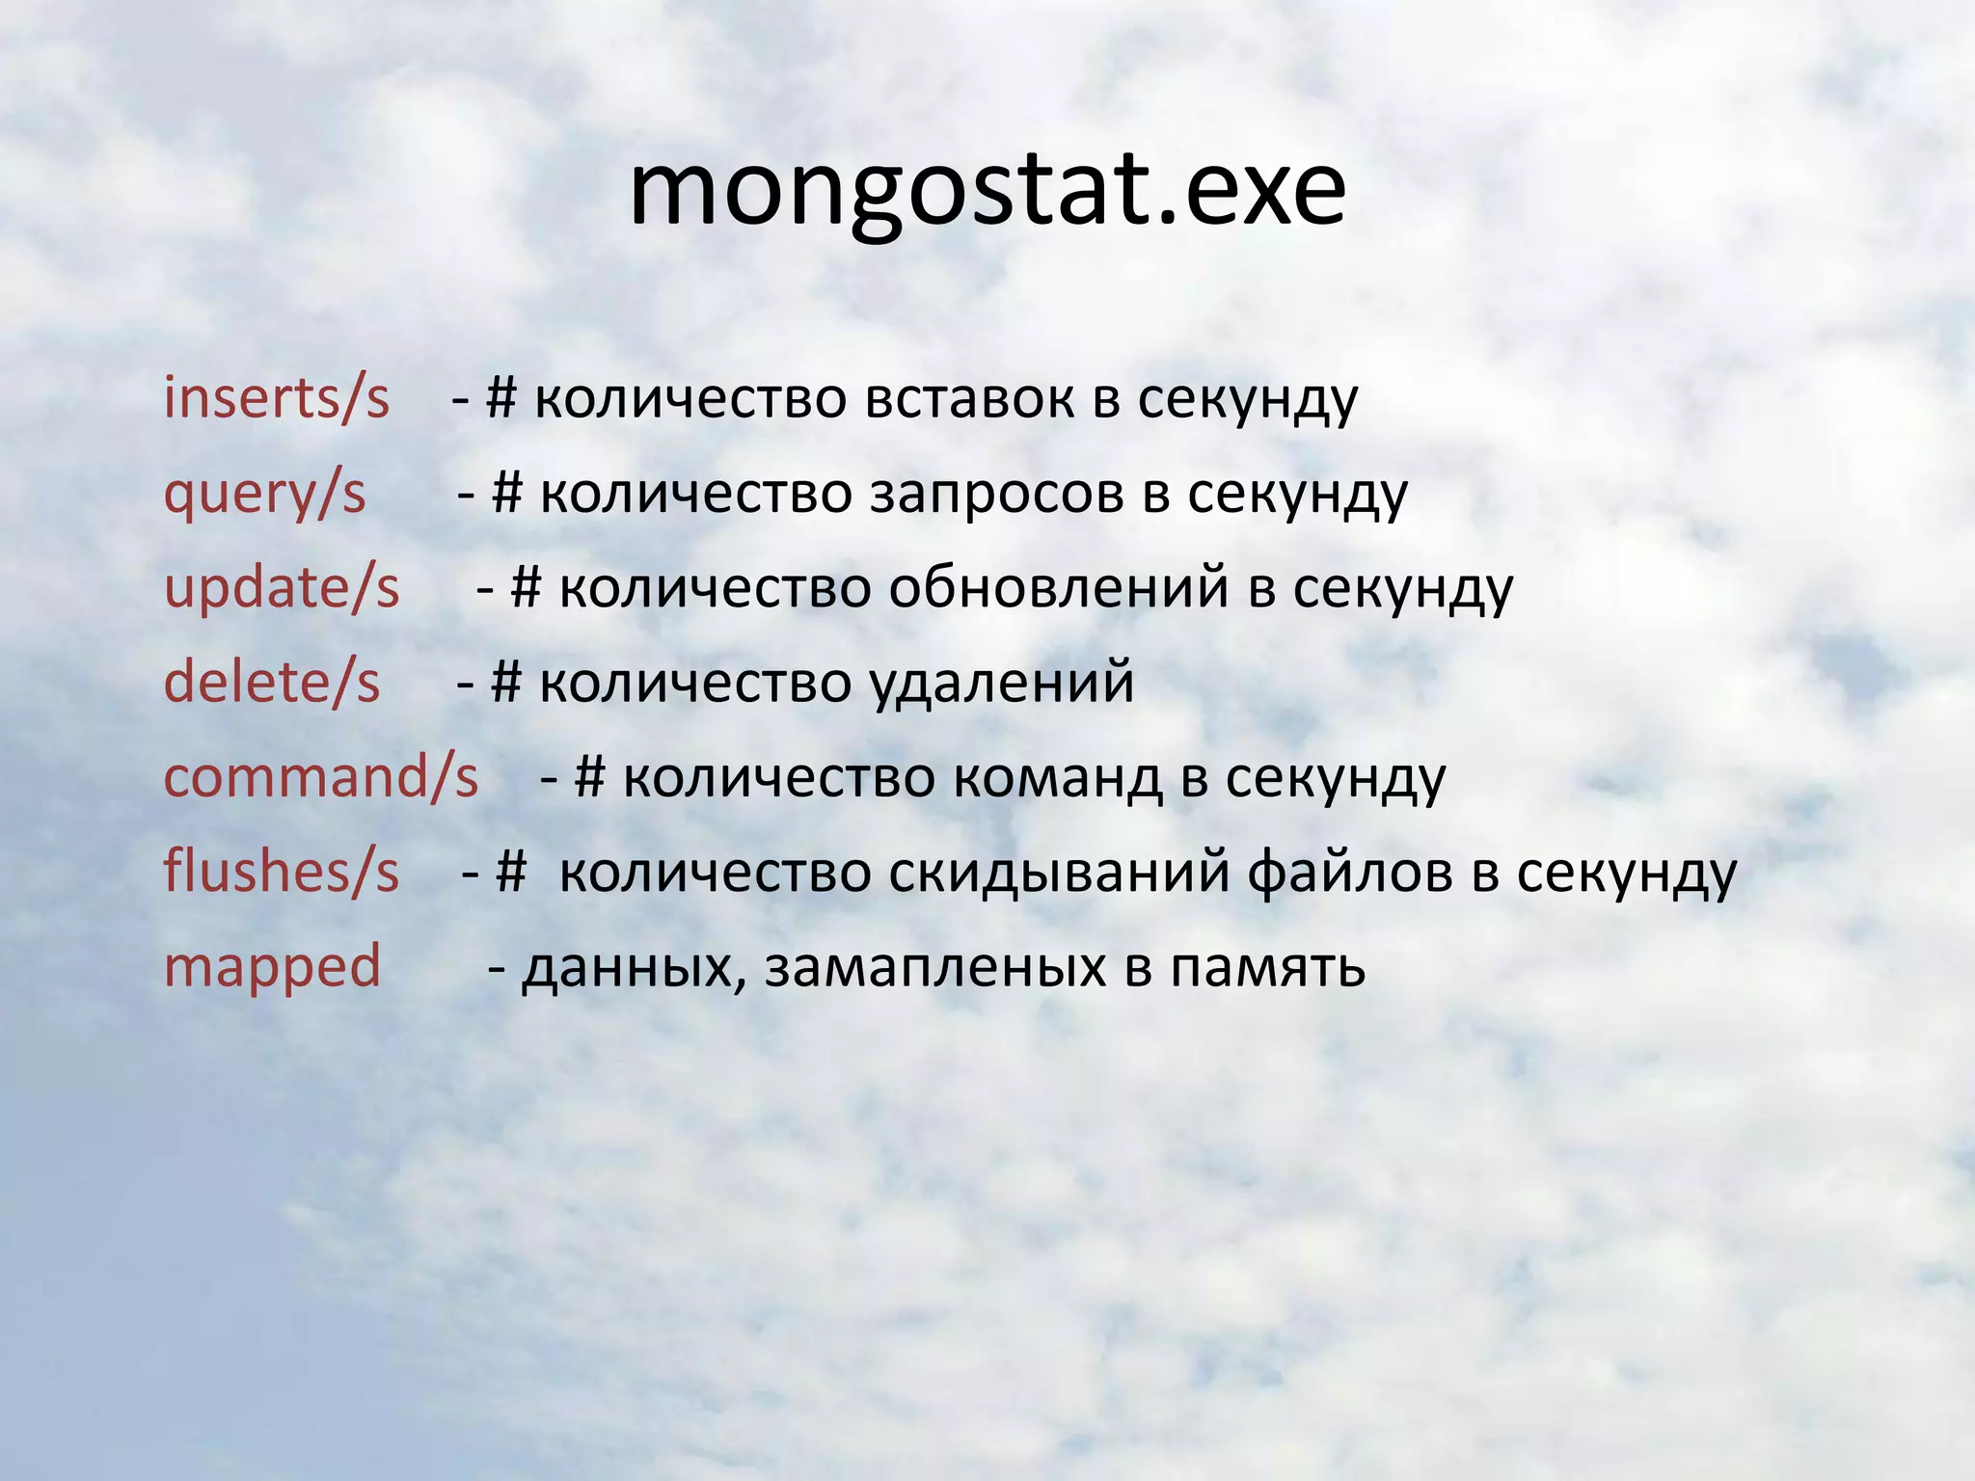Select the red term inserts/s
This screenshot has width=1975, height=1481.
click(277, 398)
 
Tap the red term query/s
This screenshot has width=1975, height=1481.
click(265, 495)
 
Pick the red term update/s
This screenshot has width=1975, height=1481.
click(282, 588)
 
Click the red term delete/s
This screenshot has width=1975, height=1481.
click(272, 683)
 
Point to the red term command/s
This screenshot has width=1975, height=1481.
click(321, 777)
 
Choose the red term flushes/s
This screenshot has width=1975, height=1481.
click(281, 872)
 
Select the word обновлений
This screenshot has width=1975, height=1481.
click(1058, 588)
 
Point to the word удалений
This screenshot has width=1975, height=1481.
click(1002, 683)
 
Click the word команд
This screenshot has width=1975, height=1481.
click(1057, 777)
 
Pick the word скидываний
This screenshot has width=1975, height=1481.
click(1058, 872)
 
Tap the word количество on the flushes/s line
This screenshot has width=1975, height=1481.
click(715, 872)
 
